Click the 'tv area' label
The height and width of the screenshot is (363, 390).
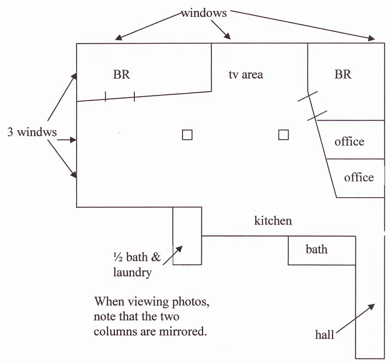(x=245, y=74)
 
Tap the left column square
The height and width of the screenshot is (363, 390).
(x=187, y=135)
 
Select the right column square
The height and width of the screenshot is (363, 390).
(x=284, y=135)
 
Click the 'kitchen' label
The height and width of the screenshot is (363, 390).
(x=273, y=221)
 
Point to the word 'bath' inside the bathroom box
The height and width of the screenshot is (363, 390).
(x=317, y=249)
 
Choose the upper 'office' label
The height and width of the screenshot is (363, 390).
(x=349, y=142)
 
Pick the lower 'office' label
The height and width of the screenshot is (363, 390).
(x=359, y=177)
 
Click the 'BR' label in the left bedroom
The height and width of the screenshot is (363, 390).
(x=122, y=74)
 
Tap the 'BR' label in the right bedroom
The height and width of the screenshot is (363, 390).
(x=343, y=74)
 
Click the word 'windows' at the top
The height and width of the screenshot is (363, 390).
(x=204, y=13)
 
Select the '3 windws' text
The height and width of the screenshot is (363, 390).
(x=32, y=132)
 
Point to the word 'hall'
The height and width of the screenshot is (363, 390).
(x=325, y=335)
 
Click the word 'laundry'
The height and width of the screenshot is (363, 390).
(x=132, y=273)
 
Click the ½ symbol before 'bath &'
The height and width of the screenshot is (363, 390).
(x=118, y=257)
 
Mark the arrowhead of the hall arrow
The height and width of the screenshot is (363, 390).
(x=372, y=307)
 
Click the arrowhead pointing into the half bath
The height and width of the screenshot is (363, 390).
(x=180, y=249)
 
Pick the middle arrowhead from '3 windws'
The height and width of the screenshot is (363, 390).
(x=73, y=140)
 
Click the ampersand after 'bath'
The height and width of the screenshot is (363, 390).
(x=156, y=257)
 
